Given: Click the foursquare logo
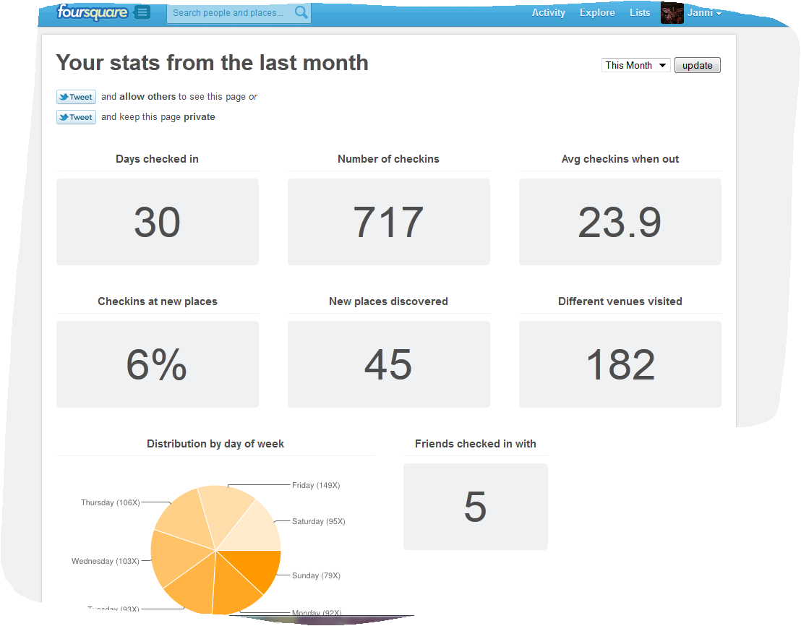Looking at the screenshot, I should click(93, 12).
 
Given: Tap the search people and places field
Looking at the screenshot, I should click(230, 13).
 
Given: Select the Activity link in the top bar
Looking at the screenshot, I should click(548, 12).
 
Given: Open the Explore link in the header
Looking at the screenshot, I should click(597, 12).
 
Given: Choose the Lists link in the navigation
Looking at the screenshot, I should click(640, 12).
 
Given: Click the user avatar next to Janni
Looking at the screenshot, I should click(672, 13).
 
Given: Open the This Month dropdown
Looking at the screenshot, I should click(636, 65).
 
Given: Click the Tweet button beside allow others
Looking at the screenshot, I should click(76, 97).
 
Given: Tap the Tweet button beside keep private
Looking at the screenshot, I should click(76, 117).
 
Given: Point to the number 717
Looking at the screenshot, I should click(388, 222).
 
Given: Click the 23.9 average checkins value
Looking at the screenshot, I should click(620, 222).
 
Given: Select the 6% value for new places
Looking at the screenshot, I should click(157, 364).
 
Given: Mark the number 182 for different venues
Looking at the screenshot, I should click(620, 364).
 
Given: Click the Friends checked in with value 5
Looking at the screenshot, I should click(475, 507).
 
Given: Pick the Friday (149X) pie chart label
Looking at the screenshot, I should click(316, 486).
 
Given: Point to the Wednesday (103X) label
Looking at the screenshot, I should click(105, 562).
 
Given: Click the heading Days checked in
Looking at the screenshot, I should click(157, 159).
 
